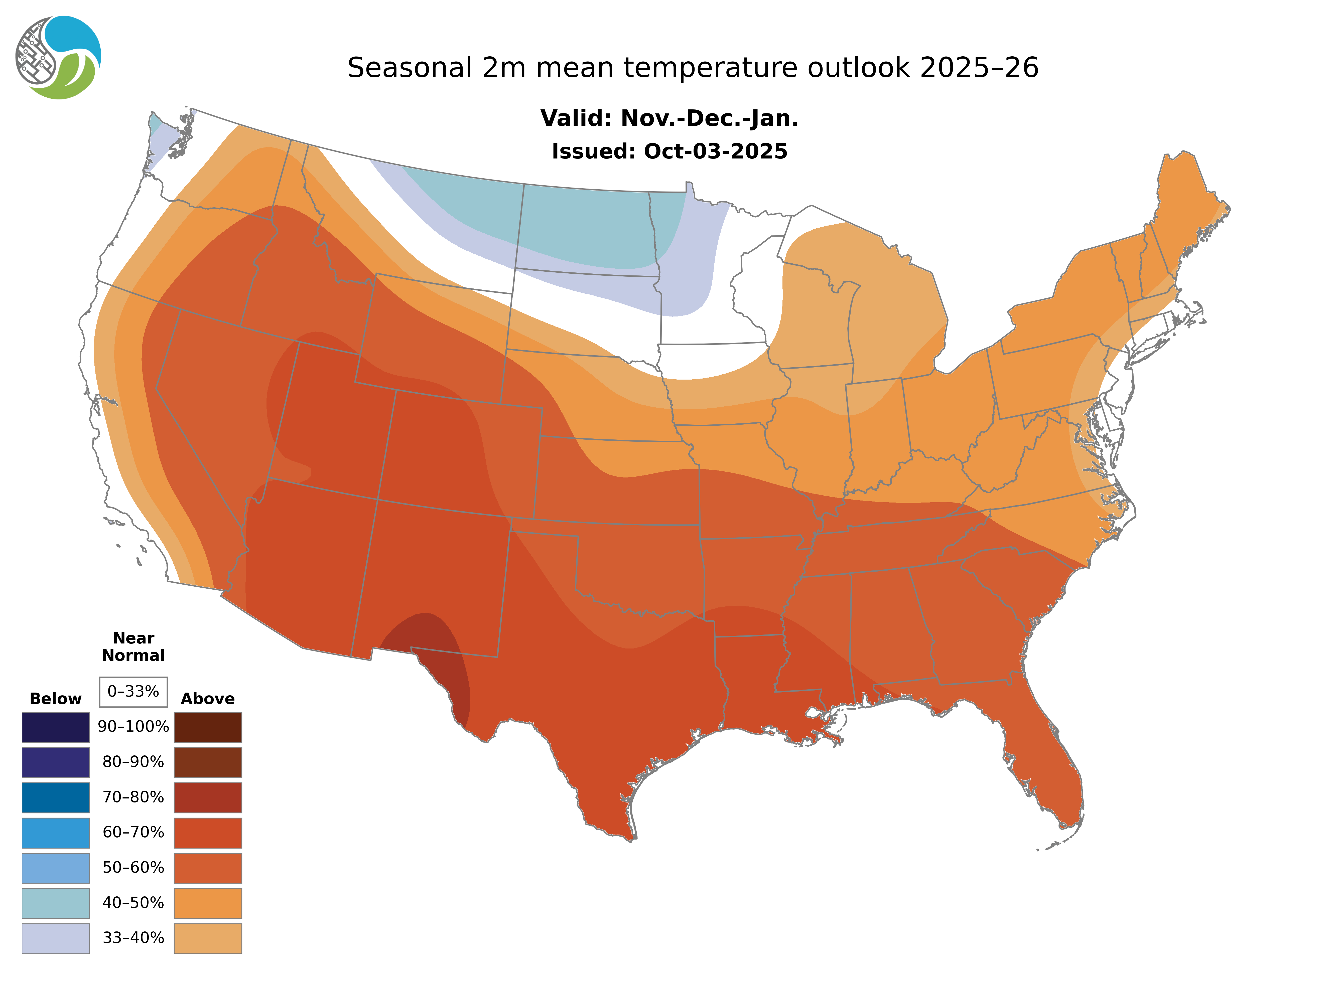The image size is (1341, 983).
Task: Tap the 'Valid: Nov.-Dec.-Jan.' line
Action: pos(669,118)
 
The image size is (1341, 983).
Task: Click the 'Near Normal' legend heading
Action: pos(133,647)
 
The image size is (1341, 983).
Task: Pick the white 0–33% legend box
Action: pos(133,692)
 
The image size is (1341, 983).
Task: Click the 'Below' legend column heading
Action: pos(55,699)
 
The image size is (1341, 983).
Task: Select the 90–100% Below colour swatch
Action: pos(55,727)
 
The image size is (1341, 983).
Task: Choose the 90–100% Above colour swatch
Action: pos(208,727)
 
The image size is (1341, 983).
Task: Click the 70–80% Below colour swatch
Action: pos(55,797)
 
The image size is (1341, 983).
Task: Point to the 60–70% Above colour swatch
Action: pos(208,833)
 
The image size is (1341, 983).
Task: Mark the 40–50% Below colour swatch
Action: pos(55,903)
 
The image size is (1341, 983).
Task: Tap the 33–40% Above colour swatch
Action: pos(208,938)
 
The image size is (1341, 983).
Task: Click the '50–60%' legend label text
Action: pos(133,868)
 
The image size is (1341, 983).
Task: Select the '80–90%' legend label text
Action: pos(133,762)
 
